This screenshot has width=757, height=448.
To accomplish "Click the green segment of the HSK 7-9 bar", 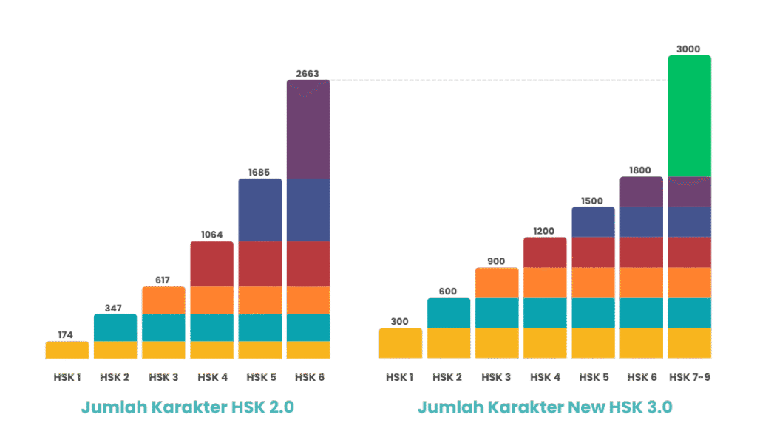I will [689, 116].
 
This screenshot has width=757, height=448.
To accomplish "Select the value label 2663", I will [308, 72].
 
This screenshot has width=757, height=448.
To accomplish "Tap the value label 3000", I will [689, 49].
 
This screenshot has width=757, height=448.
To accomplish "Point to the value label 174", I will [66, 334].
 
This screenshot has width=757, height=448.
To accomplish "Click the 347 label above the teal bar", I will [115, 307].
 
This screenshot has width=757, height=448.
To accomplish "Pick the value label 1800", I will [640, 170].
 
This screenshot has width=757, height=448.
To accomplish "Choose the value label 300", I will [400, 321].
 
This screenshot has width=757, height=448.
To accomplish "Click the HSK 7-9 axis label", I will [689, 376].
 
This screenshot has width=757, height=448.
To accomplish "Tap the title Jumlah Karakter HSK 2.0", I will [187, 407].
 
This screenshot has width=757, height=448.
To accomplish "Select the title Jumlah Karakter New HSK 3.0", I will [545, 407].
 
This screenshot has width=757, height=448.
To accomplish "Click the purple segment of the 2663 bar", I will [308, 129].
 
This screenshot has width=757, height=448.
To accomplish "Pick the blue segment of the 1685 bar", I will [259, 210].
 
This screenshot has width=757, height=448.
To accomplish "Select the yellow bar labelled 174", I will [67, 350].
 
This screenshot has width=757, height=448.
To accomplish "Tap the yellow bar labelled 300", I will [401, 343].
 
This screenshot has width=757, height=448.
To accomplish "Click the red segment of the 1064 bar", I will [211, 263].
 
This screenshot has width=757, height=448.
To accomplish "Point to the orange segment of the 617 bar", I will [163, 300].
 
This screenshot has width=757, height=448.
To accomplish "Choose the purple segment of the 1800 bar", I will [641, 192].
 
